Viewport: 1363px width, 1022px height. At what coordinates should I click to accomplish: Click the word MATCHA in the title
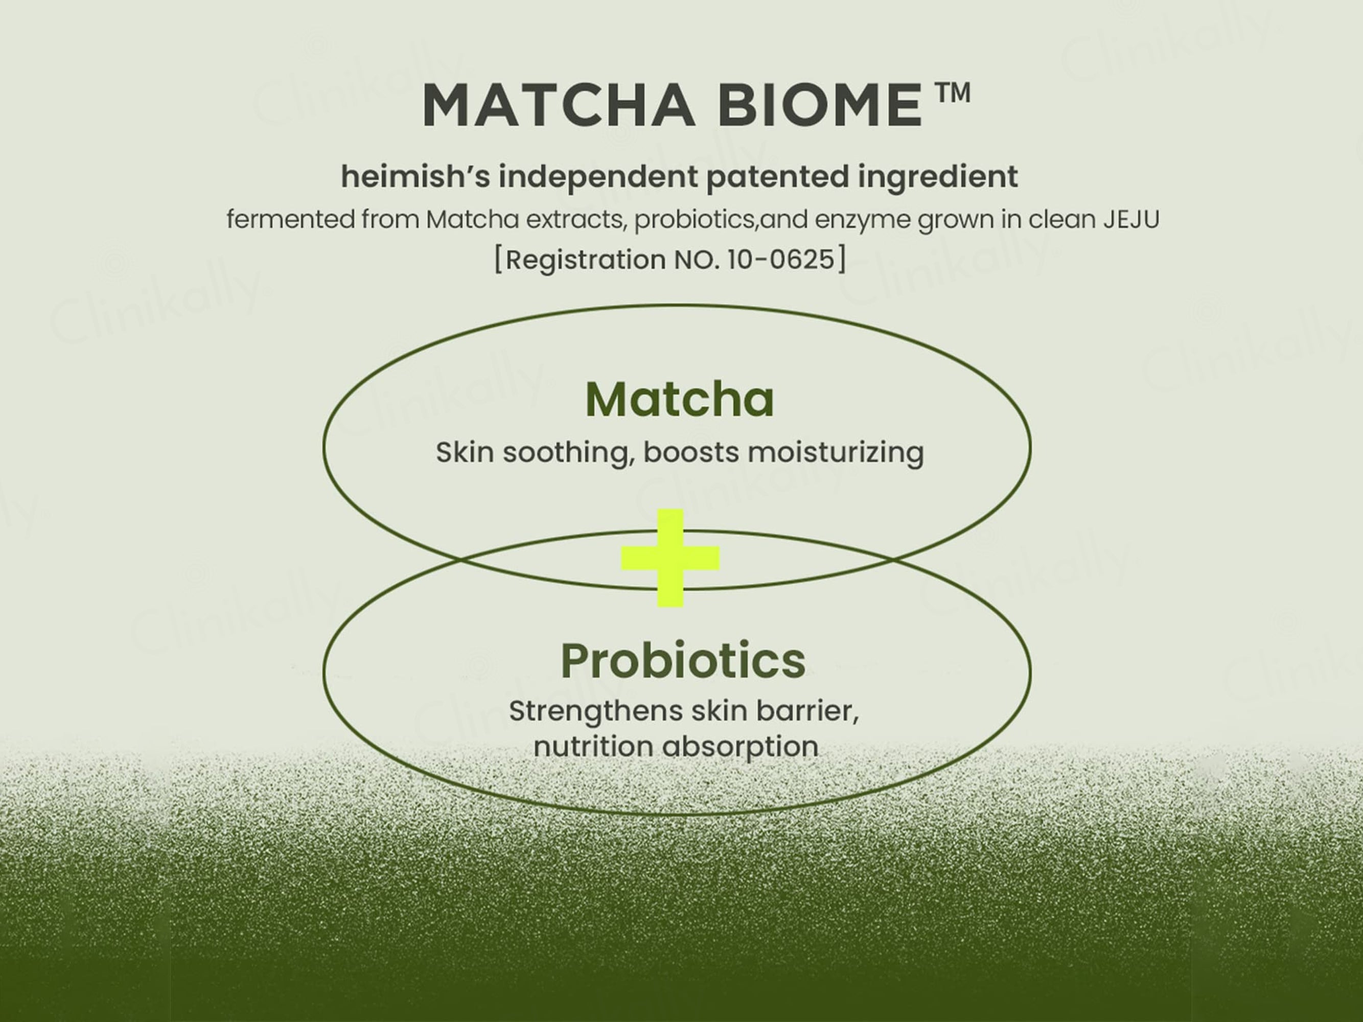pyautogui.click(x=558, y=105)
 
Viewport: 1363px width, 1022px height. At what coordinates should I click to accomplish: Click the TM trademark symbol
pyautogui.click(x=953, y=93)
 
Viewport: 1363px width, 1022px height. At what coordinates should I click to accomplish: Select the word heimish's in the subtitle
pyautogui.click(x=415, y=176)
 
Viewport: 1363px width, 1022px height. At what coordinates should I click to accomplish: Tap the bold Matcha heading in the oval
pyautogui.click(x=679, y=400)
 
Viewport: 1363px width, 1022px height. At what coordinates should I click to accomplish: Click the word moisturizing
pyautogui.click(x=836, y=453)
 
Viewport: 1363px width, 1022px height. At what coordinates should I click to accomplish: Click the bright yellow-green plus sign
pyautogui.click(x=671, y=558)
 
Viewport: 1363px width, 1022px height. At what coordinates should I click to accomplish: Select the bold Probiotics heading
pyautogui.click(x=683, y=660)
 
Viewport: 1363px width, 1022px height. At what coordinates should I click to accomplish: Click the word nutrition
pyautogui.click(x=593, y=747)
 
